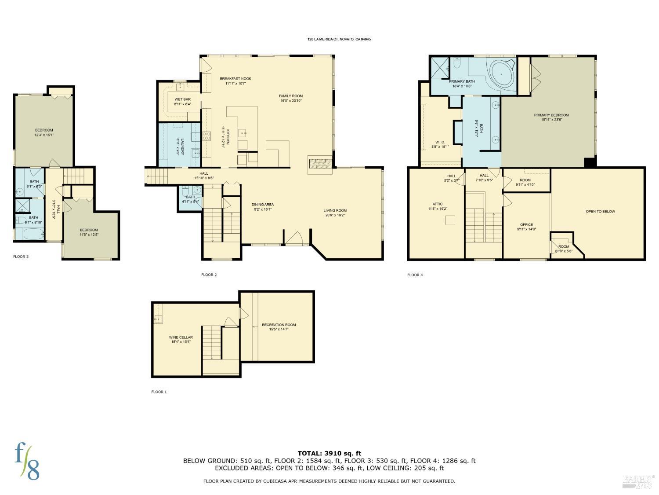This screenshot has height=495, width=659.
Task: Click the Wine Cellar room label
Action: point(181,337)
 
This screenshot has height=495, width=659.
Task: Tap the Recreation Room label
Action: point(279,325)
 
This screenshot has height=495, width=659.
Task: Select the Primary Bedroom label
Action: point(551,115)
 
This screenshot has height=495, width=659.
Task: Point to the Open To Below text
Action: point(600,212)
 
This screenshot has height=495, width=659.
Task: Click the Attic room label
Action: point(438,204)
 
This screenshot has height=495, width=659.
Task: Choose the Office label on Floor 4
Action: point(526,225)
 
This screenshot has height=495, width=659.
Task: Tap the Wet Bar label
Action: point(182,99)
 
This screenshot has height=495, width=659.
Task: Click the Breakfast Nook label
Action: point(235,79)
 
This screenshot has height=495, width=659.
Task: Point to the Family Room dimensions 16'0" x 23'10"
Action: point(291,101)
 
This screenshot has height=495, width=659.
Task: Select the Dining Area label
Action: point(263,205)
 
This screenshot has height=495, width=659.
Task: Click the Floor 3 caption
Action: point(21,257)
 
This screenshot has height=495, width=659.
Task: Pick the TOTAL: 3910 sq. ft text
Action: point(329,453)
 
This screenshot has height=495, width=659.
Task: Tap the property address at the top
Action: point(339,39)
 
